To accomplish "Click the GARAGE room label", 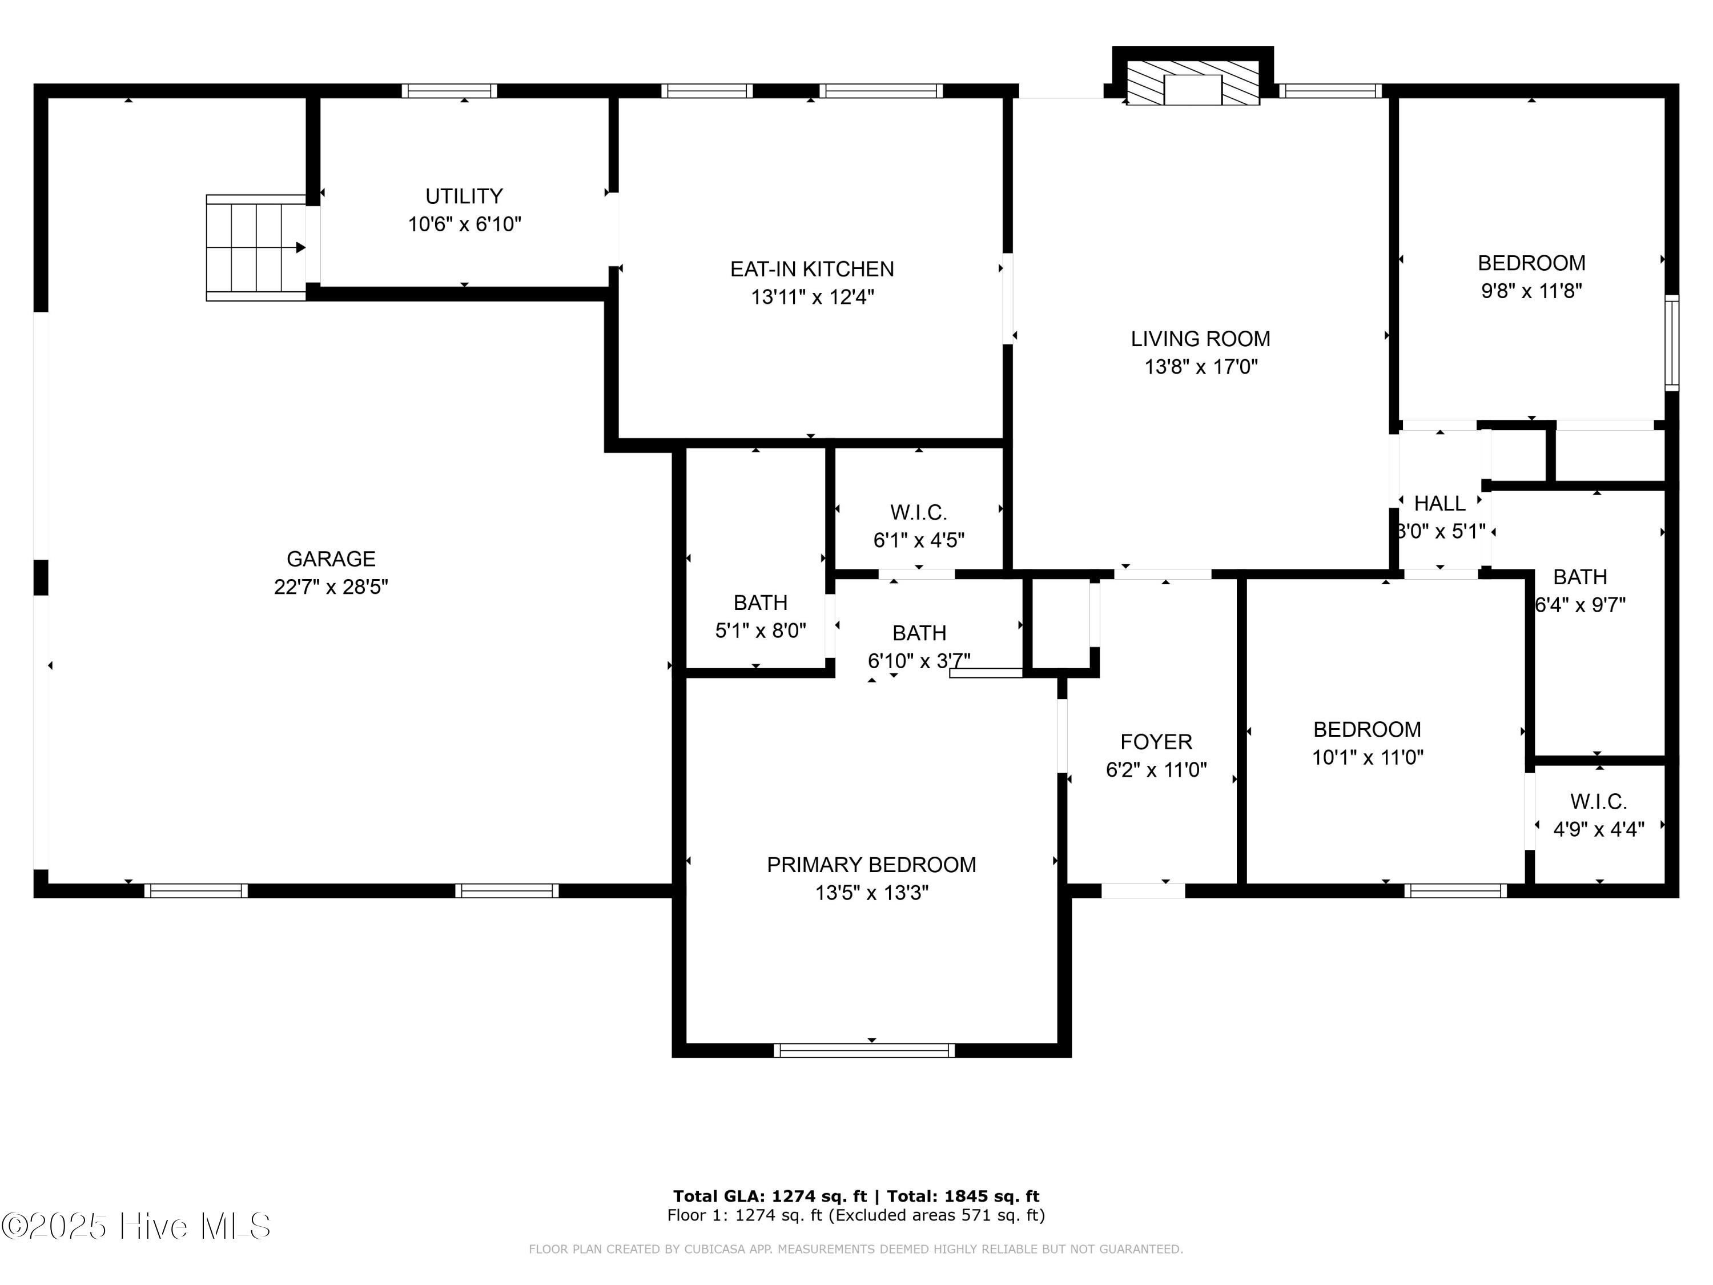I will [331, 559].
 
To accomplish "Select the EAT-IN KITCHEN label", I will [811, 269].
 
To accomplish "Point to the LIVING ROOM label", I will [1200, 339].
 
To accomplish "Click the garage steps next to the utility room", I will [256, 248].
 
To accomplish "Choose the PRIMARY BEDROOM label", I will [871, 865].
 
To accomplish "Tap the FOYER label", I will [1156, 741].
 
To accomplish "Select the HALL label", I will [1439, 504].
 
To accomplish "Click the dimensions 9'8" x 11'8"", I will [1531, 291].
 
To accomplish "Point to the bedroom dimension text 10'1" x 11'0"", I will [1367, 757].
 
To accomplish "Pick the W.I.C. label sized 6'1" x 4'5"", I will [918, 512].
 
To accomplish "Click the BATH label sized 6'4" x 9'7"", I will [1580, 576].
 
